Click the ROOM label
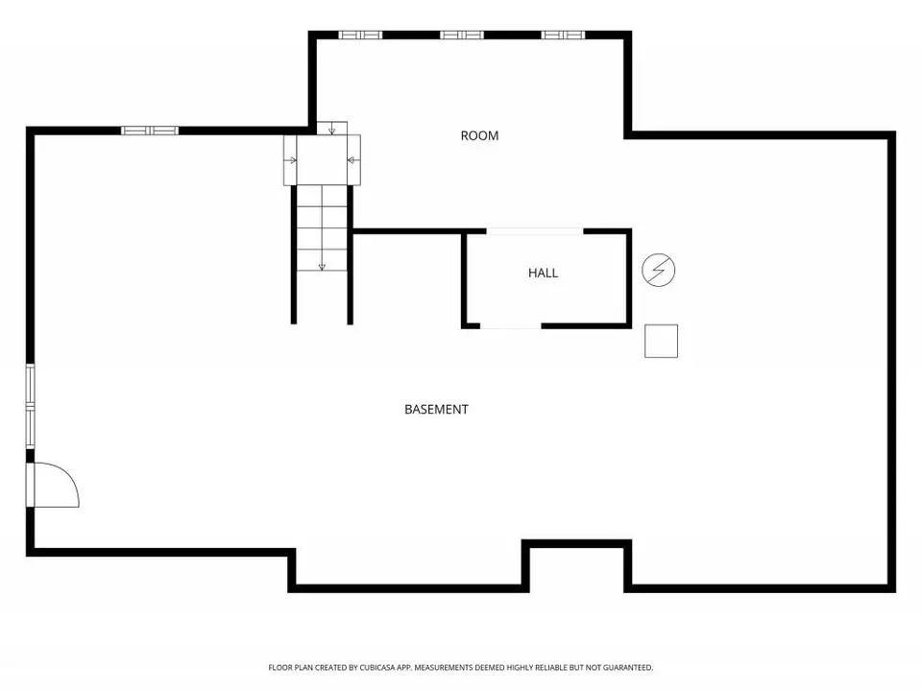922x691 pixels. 479,135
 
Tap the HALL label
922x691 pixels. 543,273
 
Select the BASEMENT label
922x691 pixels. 436,409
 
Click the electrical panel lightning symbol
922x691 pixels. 659,271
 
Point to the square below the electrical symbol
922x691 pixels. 661,341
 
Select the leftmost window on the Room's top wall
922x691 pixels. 360,35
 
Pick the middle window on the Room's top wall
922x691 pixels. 462,35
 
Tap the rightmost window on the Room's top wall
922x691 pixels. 563,35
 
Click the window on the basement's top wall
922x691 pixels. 150,131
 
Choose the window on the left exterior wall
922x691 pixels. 30,406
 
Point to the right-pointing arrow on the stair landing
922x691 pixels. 290,160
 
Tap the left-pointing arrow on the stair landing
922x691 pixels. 353,160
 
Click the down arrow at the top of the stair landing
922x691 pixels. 331,128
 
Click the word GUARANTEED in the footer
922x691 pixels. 630,668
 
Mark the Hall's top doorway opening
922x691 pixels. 535,231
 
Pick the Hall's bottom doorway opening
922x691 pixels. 510,325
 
